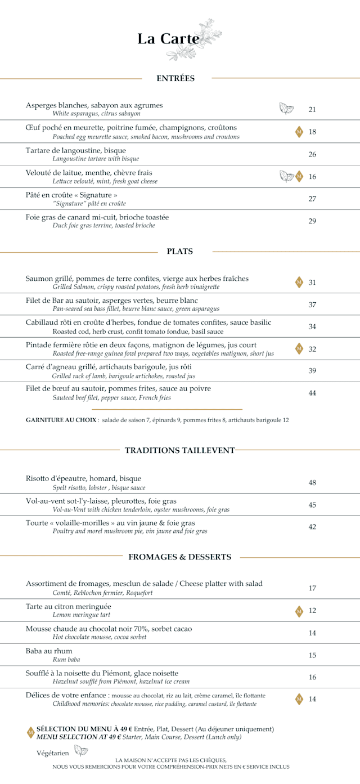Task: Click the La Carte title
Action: coord(168,39)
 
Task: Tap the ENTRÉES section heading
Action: coord(175,78)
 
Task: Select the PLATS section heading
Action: coord(180,252)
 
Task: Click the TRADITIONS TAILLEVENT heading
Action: coord(179,450)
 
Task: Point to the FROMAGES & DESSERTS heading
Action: coord(179,557)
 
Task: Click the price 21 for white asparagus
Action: coord(312,110)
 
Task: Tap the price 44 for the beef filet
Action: coord(312,393)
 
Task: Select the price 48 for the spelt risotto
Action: coord(312,483)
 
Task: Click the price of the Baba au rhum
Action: coord(312,655)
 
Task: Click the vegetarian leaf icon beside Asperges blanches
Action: coord(287,109)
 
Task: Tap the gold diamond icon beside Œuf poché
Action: coord(299,132)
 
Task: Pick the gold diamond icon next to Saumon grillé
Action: coord(299,283)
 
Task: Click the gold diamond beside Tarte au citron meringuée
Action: coord(299,611)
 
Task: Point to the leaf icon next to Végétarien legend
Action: coord(81,751)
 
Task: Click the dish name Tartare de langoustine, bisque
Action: coord(76,150)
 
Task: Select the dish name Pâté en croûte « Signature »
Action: coord(71,195)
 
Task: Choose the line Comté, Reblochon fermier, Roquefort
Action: coord(102,593)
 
